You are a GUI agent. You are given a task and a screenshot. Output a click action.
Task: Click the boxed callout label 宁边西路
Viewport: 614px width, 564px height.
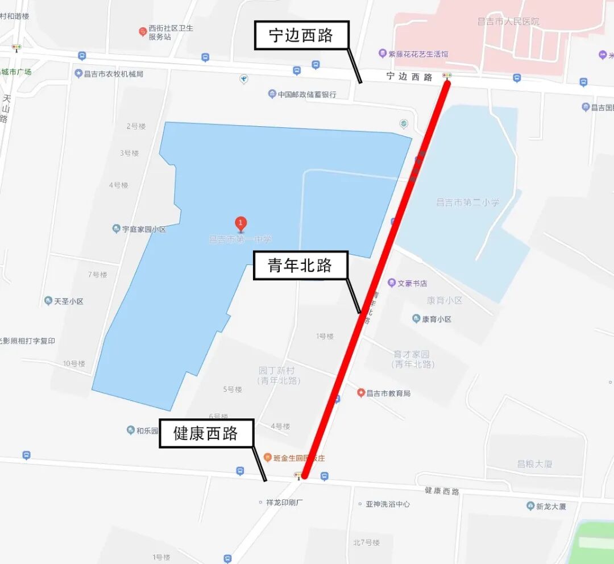[x=301, y=36]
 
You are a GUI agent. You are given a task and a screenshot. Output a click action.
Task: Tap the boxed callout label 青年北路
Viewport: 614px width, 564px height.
[x=300, y=266]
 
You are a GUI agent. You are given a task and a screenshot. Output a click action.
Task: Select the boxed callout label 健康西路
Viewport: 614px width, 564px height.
[x=206, y=434]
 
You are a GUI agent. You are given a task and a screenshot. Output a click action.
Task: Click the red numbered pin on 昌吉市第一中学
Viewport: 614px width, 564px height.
[x=241, y=223]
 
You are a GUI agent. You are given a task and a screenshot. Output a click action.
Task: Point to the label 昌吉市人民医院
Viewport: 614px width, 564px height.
[x=508, y=22]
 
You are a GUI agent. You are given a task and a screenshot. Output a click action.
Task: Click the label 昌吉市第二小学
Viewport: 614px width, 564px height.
[x=467, y=202]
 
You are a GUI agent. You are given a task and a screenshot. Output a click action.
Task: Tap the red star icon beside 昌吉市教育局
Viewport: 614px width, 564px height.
[x=360, y=393]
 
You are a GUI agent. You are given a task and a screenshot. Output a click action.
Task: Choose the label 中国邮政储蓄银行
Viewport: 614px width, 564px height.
[x=307, y=94]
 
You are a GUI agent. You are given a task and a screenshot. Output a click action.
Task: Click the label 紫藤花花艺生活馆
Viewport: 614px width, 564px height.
[x=418, y=54]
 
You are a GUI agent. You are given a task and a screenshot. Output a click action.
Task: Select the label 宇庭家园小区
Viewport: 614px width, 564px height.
[x=144, y=230]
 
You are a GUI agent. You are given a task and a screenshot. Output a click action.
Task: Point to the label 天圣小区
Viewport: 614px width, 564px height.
[x=68, y=301]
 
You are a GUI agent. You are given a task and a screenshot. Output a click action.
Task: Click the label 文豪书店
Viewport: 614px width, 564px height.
[x=412, y=283]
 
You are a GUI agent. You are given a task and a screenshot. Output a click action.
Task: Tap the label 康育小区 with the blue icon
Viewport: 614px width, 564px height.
[x=436, y=319]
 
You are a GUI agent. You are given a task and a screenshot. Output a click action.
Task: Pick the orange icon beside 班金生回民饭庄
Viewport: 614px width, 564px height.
[x=267, y=458]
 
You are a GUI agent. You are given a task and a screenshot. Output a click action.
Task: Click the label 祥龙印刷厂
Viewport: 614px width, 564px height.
[x=284, y=503]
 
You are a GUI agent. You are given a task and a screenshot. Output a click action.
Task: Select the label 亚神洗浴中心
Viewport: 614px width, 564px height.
[x=387, y=504]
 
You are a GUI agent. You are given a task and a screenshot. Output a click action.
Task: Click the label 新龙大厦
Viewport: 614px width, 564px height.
[x=551, y=506]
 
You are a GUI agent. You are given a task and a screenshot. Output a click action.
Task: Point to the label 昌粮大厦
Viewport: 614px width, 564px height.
[x=534, y=464]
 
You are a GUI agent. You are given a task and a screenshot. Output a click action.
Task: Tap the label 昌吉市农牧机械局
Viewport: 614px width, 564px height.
[x=114, y=74]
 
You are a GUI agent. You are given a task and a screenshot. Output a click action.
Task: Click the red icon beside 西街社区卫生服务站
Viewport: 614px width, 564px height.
[x=143, y=31]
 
